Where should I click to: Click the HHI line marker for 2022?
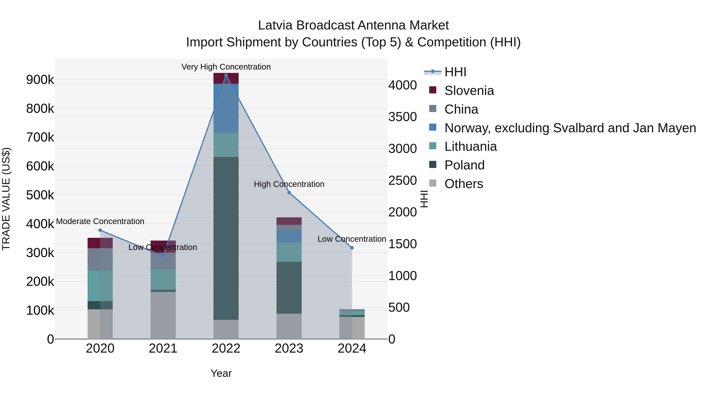click(x=226, y=75)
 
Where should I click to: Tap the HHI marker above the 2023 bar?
click(x=289, y=193)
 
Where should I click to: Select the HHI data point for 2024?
click(x=352, y=248)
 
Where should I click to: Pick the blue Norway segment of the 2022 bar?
click(x=226, y=108)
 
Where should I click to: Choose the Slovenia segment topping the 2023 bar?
click(x=289, y=221)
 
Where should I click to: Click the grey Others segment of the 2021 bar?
click(x=163, y=315)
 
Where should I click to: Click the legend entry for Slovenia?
click(x=469, y=91)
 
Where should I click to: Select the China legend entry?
click(x=461, y=109)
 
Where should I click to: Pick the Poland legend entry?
click(x=464, y=165)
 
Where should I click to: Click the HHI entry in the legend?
click(x=455, y=72)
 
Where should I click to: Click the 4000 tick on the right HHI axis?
click(x=402, y=85)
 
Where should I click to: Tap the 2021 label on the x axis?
click(x=163, y=348)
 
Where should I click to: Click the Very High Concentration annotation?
click(x=226, y=67)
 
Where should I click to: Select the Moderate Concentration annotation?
click(x=100, y=221)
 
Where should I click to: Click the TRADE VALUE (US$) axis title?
click(x=6, y=199)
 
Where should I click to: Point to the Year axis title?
click(x=221, y=373)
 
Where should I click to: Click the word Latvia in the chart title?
click(x=275, y=25)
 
